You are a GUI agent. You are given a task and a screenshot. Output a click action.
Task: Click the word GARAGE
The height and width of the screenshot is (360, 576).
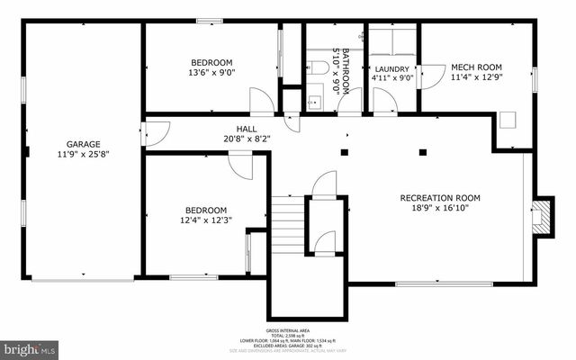pyautogui.click(x=83, y=144)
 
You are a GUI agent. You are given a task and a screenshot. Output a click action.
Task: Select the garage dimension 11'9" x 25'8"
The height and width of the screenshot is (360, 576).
pyautogui.click(x=83, y=155)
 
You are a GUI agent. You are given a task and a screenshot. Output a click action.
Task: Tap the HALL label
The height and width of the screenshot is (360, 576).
pyautogui.click(x=247, y=129)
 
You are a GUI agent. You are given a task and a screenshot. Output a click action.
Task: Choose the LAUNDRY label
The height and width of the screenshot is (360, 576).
pyautogui.click(x=392, y=68)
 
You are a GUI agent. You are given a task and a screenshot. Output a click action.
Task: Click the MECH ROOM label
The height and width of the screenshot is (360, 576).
pyautogui.click(x=476, y=67)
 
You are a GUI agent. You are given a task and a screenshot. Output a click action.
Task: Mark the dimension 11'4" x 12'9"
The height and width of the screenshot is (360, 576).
pyautogui.click(x=476, y=77)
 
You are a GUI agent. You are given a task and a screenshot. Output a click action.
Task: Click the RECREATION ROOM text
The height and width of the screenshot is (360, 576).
pyautogui.click(x=440, y=198)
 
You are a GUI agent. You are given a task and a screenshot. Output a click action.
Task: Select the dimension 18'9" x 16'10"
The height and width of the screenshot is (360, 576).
pyautogui.click(x=440, y=209)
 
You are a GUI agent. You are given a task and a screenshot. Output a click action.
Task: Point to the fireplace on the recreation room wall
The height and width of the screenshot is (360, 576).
pyautogui.click(x=539, y=216)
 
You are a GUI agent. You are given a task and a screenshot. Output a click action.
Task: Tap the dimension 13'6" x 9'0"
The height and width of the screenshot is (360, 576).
pyautogui.click(x=211, y=72)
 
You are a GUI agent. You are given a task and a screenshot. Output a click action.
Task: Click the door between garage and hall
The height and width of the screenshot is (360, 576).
pyautogui.click(x=151, y=133)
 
